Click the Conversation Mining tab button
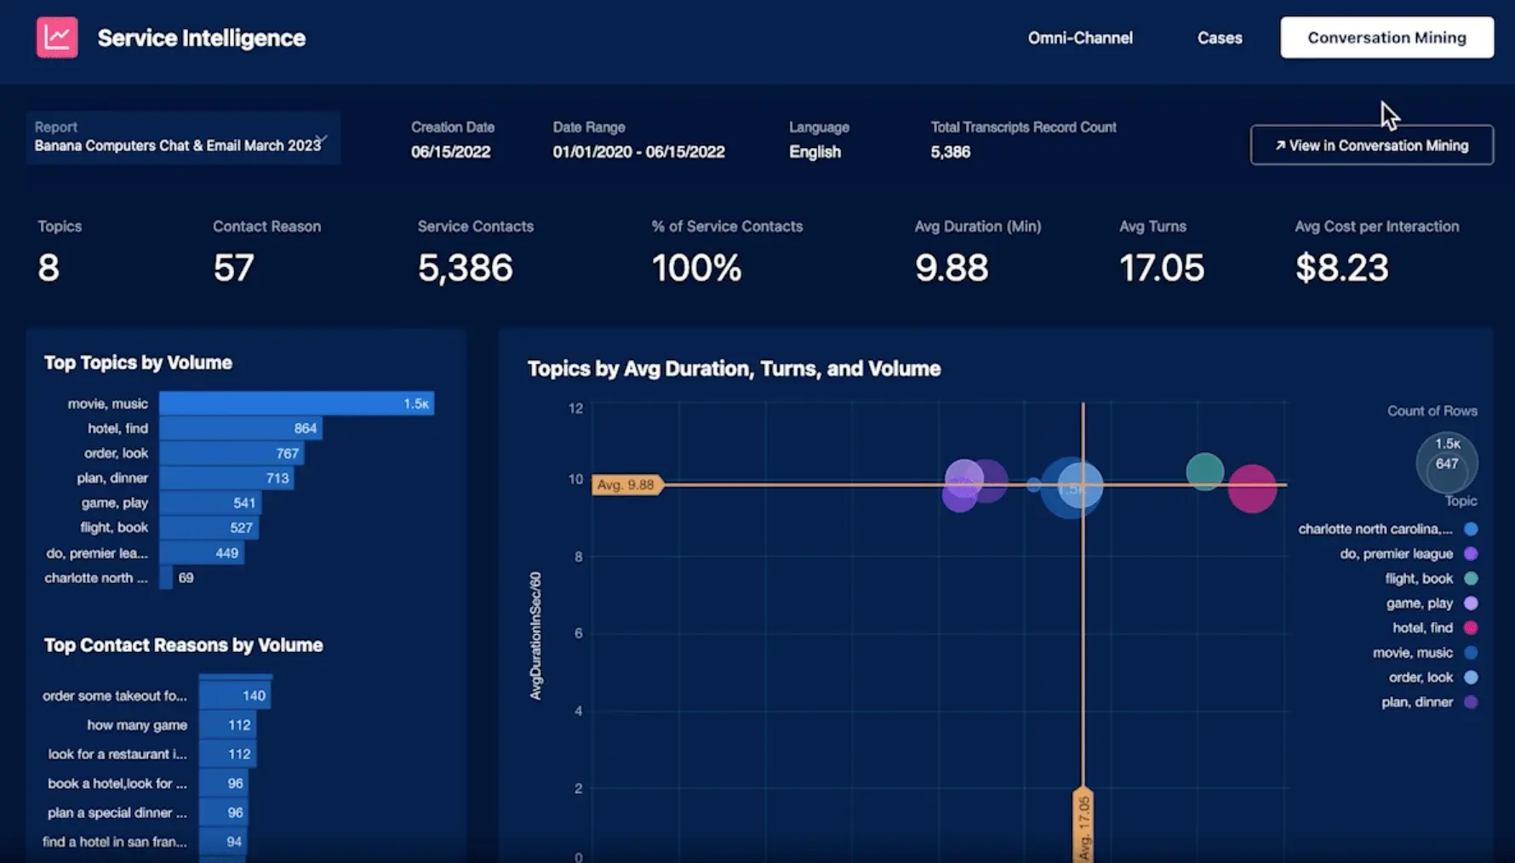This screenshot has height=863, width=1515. point(1386,37)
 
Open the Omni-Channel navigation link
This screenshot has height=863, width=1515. point(1079,37)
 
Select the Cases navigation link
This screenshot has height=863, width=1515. point(1219,37)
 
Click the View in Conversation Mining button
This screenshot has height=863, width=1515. point(1371,146)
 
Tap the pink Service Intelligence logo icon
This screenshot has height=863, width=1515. point(57,37)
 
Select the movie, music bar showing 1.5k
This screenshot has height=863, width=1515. point(296,403)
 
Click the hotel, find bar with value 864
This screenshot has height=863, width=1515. point(240,428)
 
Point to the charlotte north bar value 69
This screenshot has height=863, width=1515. point(186,578)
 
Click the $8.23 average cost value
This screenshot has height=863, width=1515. point(1341,268)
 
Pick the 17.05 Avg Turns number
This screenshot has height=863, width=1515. point(1161,268)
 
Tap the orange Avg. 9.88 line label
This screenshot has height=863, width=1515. point(626,485)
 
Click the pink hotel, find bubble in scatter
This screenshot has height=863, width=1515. point(1252,489)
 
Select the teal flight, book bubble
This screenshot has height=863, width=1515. point(1204,472)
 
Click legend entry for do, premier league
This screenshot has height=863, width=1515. point(1396,554)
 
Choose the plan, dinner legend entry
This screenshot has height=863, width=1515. point(1417,702)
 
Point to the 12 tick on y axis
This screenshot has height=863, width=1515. point(576,409)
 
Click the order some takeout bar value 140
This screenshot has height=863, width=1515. point(254,695)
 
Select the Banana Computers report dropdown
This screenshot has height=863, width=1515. point(182,138)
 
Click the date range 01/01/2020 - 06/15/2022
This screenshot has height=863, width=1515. point(638,152)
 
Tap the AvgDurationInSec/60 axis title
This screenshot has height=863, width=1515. point(535,636)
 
